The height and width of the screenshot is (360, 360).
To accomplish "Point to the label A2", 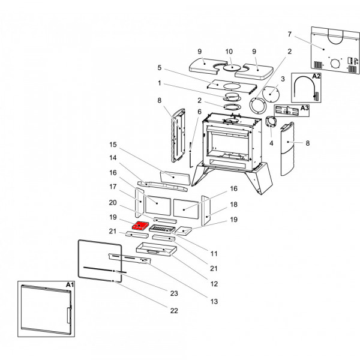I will tap(316, 76).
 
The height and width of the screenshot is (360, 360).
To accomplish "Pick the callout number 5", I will tap(160, 68).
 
